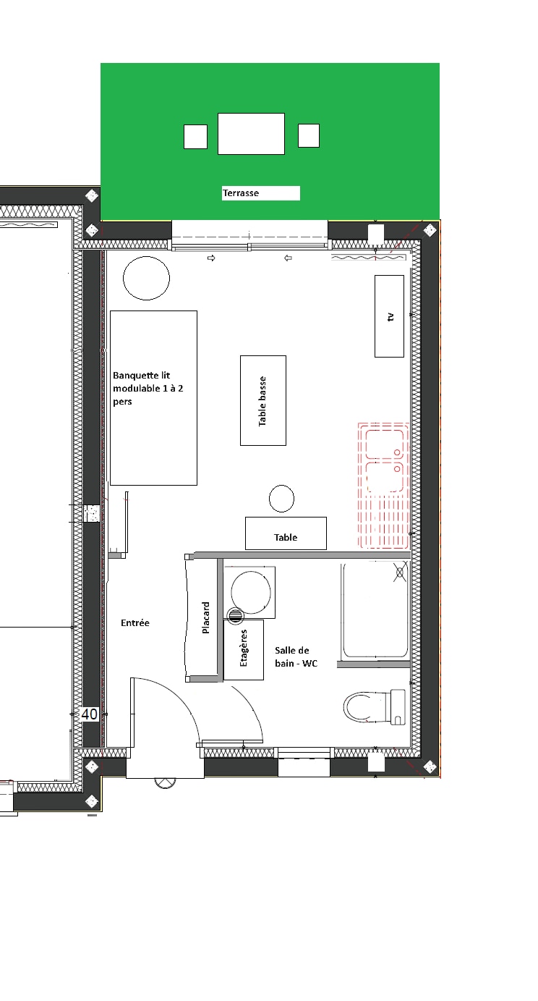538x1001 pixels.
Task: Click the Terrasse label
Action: point(241,193)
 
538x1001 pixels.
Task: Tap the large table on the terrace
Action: point(251,134)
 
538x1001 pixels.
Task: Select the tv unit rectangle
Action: point(389,316)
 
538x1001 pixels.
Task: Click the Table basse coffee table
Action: point(263,400)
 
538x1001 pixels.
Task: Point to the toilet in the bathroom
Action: point(375,707)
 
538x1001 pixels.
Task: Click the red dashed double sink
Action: point(383,486)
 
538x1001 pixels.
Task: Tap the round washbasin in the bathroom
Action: point(250,593)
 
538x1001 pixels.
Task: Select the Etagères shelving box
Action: point(243,649)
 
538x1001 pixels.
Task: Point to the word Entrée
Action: point(134,622)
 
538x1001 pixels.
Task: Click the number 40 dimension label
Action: point(89,714)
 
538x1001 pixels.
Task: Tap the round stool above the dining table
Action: point(281,498)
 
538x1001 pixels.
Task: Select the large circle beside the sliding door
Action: point(147,278)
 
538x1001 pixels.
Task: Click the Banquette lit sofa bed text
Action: point(148,388)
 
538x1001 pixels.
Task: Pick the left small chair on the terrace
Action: point(195,136)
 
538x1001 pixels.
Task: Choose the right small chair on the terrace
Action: point(309,135)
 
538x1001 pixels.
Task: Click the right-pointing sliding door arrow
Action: point(211,258)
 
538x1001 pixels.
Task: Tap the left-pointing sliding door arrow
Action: point(288,258)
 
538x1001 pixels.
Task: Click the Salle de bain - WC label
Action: point(296,656)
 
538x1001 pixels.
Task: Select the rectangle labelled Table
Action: point(286,533)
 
